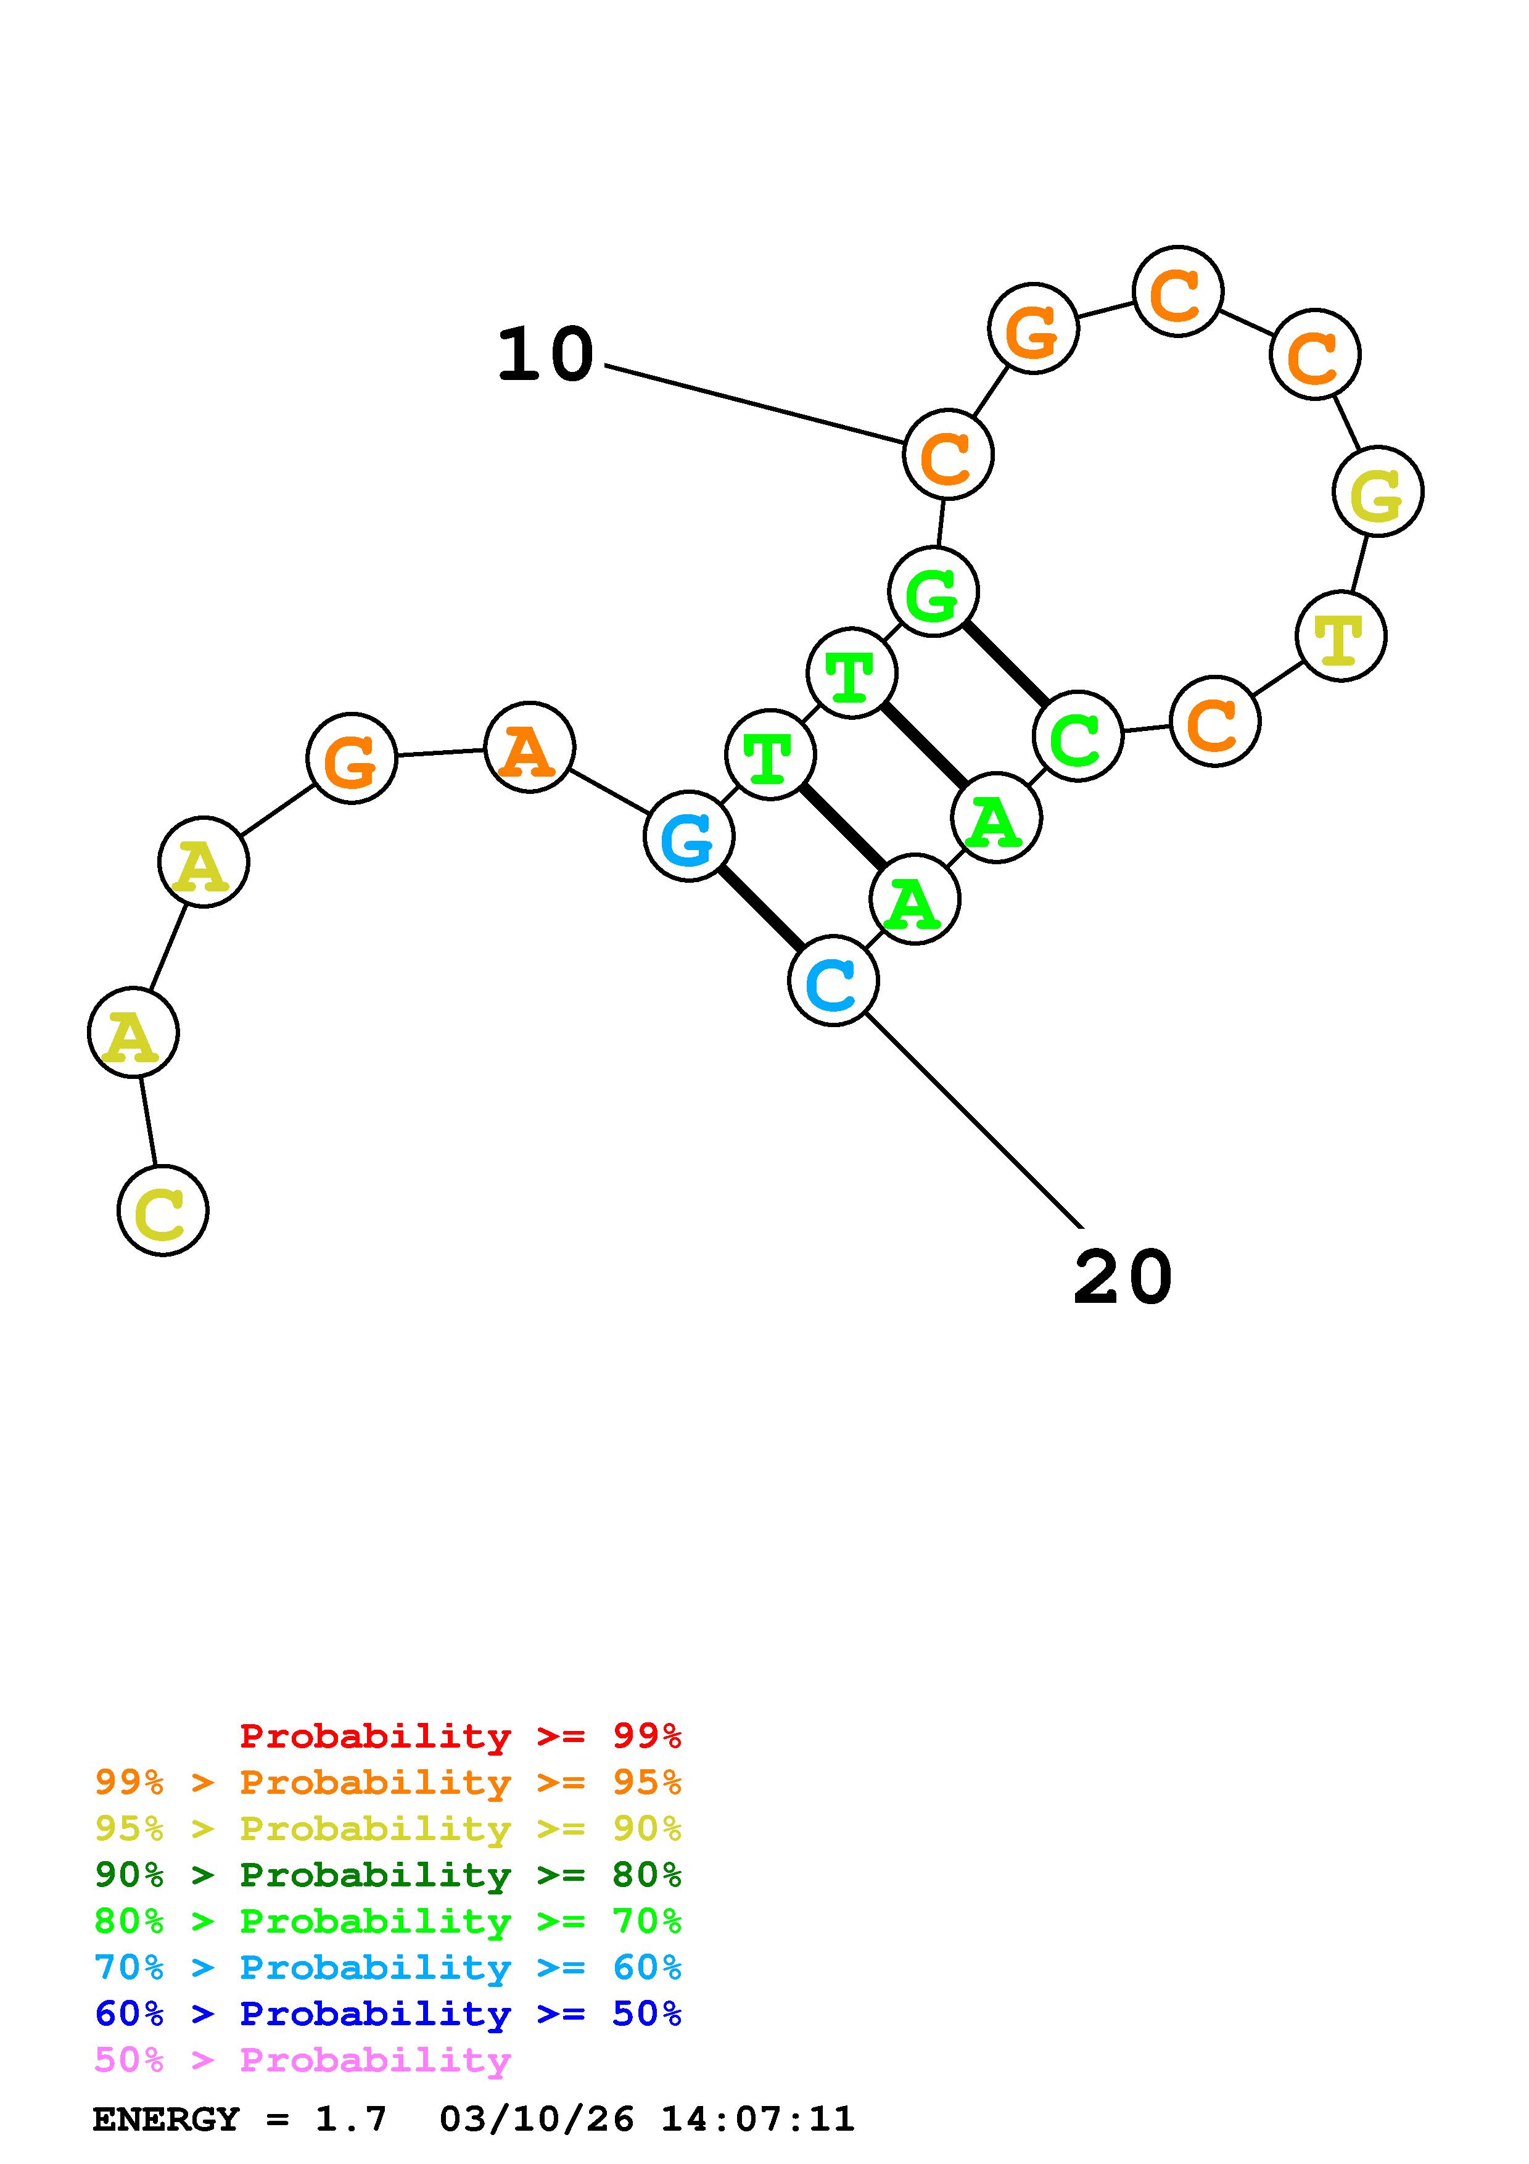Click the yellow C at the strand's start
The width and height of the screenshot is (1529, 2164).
[x=163, y=1210]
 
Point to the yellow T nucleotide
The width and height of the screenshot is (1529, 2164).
[x=1341, y=636]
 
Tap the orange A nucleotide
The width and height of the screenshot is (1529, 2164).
[x=529, y=748]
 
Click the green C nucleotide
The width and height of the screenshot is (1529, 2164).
[x=1078, y=736]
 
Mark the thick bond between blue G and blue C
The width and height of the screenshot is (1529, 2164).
[x=761, y=909]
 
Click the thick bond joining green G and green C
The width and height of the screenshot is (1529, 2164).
[x=1005, y=664]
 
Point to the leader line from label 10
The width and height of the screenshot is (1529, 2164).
[x=754, y=403]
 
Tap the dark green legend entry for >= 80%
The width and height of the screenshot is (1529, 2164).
[x=387, y=1875]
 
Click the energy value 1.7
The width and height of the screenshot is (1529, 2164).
[x=350, y=2119]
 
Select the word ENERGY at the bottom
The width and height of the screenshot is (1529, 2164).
[x=166, y=2119]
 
